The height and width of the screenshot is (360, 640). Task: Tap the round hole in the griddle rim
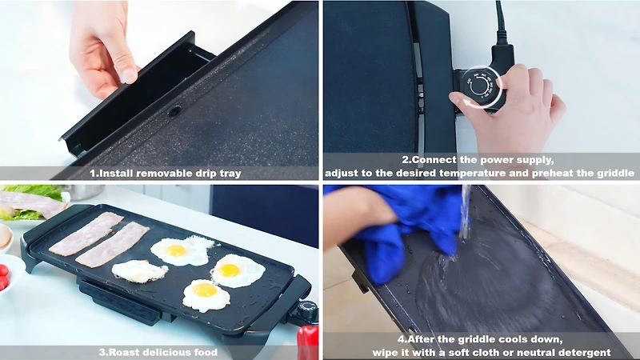click(174, 110)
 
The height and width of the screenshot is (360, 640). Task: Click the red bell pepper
click(307, 342)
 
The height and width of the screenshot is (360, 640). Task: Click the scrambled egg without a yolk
click(139, 271)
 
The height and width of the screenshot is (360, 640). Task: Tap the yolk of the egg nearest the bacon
click(176, 250)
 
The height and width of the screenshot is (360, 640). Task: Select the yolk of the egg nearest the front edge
click(205, 290)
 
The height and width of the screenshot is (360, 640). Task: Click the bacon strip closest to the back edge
click(86, 234)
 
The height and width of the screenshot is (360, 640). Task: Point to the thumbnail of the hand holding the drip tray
click(130, 75)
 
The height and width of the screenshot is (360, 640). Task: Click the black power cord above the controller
click(500, 25)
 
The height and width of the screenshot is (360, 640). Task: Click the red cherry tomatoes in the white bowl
click(4, 276)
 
